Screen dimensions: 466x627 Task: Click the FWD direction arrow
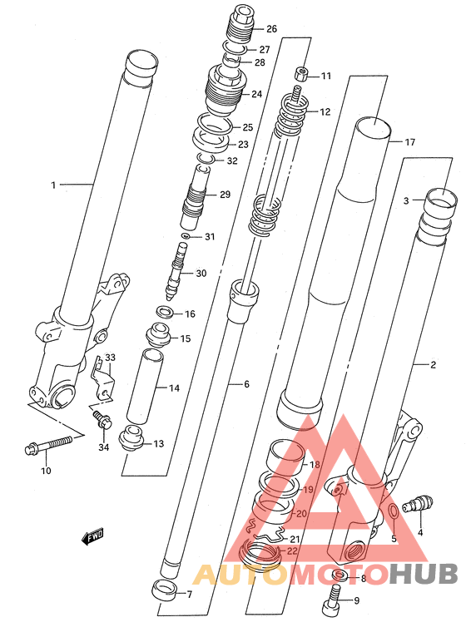[x=92, y=536]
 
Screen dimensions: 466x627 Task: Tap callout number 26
[x=271, y=29]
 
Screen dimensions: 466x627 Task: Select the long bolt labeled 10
[x=48, y=445]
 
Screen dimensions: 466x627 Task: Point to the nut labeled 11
[x=300, y=74]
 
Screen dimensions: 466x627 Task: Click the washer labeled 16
[x=164, y=312]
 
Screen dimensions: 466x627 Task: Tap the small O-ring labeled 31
[x=185, y=235]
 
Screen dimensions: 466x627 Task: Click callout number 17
[x=409, y=142]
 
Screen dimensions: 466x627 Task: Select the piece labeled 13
[x=131, y=439]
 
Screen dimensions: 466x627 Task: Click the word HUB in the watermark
[x=424, y=575]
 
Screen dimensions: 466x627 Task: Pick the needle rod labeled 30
[x=176, y=272]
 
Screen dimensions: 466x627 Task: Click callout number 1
[x=53, y=185]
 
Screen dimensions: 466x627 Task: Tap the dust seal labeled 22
[x=260, y=554]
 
